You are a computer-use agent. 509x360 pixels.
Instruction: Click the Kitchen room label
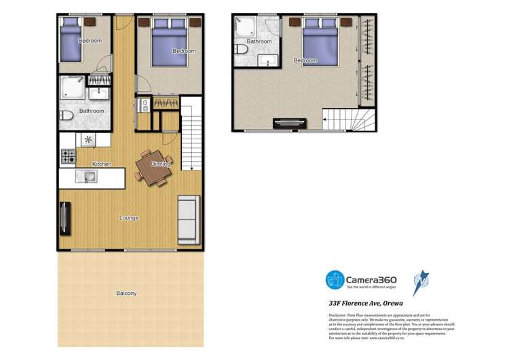point(102,164)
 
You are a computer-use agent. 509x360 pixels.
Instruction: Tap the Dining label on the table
point(161,164)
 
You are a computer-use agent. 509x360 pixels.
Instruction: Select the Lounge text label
point(129,218)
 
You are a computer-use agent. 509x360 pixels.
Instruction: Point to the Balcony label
point(126,293)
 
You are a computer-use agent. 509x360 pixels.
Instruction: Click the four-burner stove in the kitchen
point(69,156)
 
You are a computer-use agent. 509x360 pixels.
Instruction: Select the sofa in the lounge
point(188,220)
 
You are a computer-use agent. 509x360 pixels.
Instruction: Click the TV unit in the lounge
point(64,219)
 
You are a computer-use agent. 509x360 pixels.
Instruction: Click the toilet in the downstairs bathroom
point(66,116)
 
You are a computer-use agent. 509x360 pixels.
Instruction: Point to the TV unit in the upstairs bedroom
point(280,124)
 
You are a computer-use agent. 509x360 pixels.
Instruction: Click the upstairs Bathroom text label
point(259,41)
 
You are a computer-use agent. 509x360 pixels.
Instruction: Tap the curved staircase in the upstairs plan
point(338,120)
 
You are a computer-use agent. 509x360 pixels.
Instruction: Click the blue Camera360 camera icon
point(335,280)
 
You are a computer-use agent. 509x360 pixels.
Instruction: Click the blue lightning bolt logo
point(421,282)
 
